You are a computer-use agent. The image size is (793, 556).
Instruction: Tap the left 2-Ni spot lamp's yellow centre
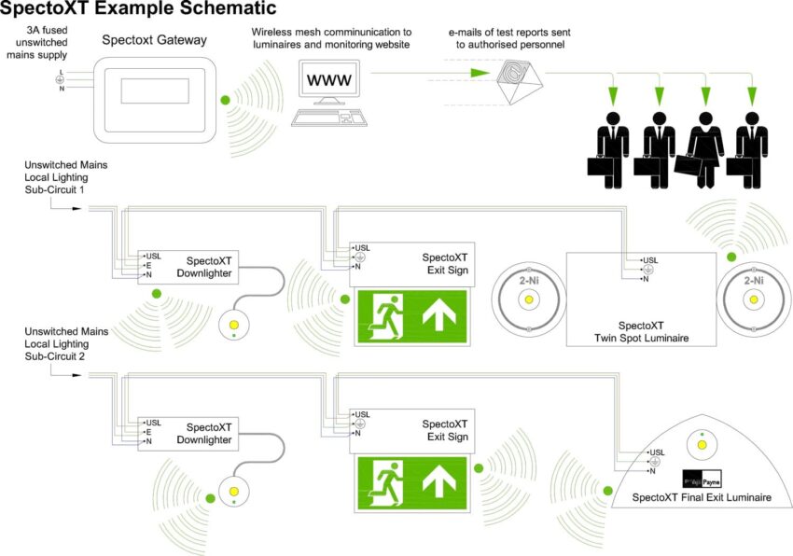(x=528, y=299)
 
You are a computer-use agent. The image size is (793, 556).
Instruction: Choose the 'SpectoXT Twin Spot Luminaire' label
(x=641, y=331)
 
